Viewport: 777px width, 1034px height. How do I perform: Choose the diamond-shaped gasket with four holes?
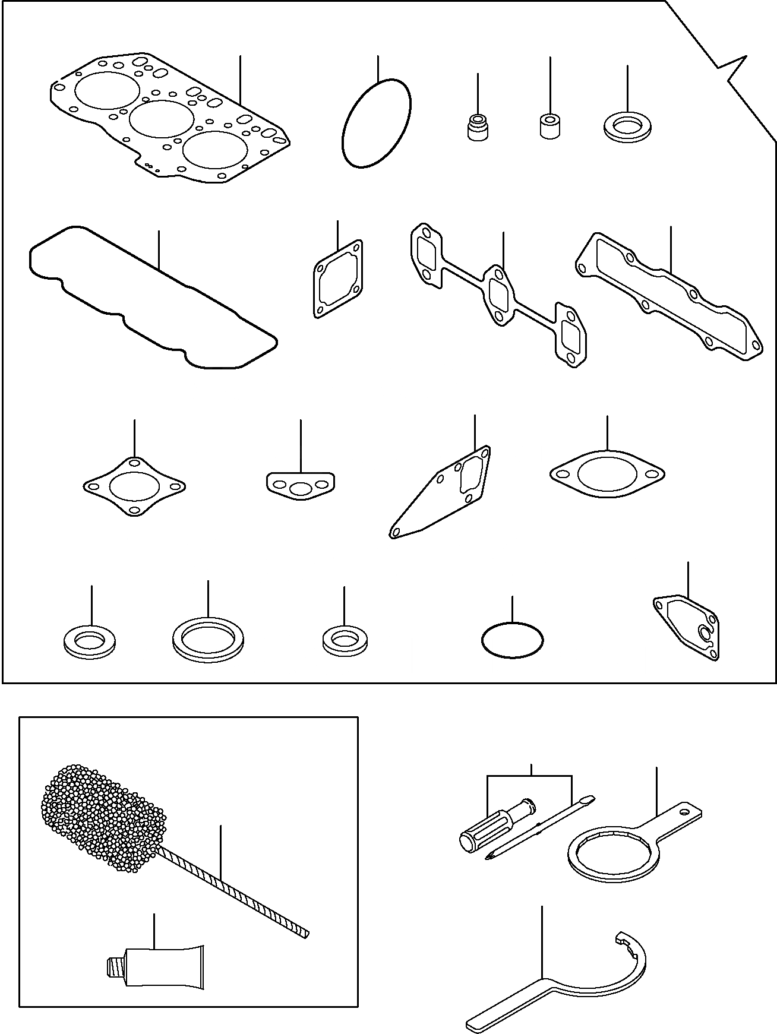pyautogui.click(x=134, y=487)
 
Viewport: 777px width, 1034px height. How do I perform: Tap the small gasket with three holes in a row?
pyautogui.click(x=301, y=485)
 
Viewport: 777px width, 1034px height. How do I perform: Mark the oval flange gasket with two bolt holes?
pyautogui.click(x=607, y=475)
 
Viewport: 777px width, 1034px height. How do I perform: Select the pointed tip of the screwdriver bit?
pyautogui.click(x=489, y=859)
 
